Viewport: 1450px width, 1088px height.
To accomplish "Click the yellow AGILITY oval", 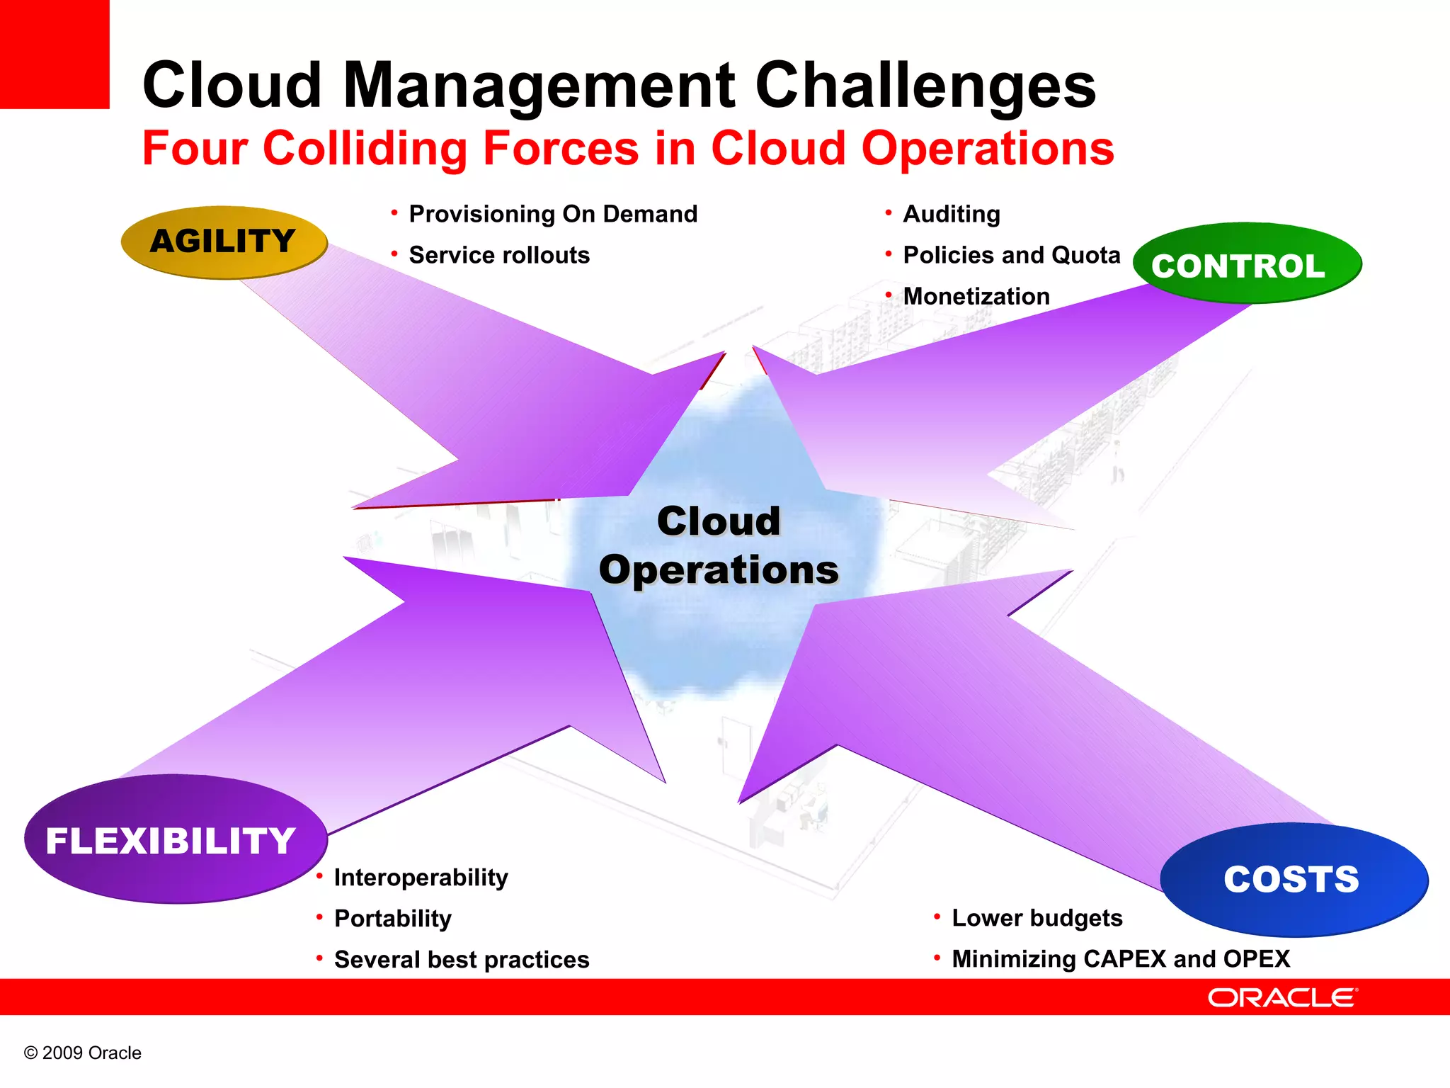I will pyautogui.click(x=224, y=242).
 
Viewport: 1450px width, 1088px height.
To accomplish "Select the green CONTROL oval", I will pyautogui.click(x=1246, y=264).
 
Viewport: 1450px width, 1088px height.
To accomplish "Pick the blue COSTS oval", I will pyautogui.click(x=1293, y=879).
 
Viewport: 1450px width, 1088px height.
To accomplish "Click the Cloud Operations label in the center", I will pyautogui.click(x=719, y=545).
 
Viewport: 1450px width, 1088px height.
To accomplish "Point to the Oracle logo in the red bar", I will pyautogui.click(x=1281, y=997).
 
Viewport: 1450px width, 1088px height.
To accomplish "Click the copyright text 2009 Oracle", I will pyautogui.click(x=83, y=1053).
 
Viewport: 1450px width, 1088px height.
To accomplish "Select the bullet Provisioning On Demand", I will pyautogui.click(x=553, y=214).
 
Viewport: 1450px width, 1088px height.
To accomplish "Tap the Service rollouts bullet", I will pyautogui.click(x=499, y=255).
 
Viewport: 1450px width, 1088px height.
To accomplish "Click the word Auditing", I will pyautogui.click(x=952, y=214).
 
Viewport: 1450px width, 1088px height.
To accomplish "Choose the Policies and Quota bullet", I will pyautogui.click(x=1011, y=255).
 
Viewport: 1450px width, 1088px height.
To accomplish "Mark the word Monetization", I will pyautogui.click(x=976, y=296).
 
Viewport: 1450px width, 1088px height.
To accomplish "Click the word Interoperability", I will pyautogui.click(x=421, y=878).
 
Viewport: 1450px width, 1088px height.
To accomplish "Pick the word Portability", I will pyautogui.click(x=393, y=919).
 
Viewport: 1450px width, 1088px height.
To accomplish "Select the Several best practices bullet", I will pyautogui.click(x=462, y=960).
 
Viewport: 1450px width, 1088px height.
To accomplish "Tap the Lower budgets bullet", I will pyautogui.click(x=1037, y=918).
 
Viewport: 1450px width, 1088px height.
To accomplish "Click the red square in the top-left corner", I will pyautogui.click(x=54, y=54).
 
